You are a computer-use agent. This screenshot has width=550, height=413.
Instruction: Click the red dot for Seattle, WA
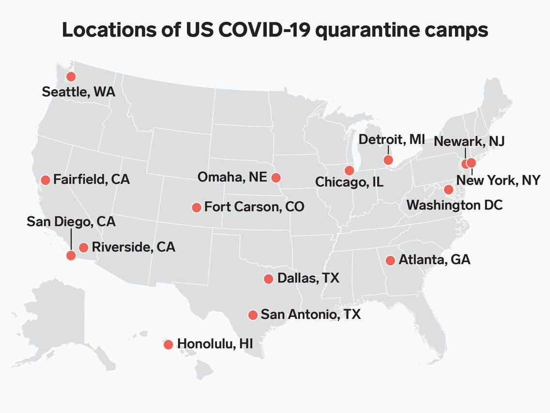click(x=71, y=77)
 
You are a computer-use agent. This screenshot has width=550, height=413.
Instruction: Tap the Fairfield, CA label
click(x=92, y=179)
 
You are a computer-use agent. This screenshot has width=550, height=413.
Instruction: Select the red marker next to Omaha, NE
click(x=276, y=177)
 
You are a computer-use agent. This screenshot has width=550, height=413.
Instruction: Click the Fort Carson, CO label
click(x=254, y=207)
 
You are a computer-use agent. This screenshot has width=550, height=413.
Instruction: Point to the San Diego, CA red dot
click(x=71, y=255)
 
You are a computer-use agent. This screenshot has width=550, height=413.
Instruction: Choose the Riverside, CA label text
click(x=133, y=247)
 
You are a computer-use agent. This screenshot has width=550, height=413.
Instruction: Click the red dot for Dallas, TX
click(x=269, y=279)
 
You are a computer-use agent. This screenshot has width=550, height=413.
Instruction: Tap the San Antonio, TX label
click(x=311, y=314)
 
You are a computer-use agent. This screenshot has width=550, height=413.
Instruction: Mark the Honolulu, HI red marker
click(x=168, y=345)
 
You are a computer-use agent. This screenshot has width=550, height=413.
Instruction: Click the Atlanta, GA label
click(x=434, y=260)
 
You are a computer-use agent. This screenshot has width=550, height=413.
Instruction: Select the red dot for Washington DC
click(x=449, y=190)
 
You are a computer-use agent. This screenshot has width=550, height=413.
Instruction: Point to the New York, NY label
click(x=498, y=180)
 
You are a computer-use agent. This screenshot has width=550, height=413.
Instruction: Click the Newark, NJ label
click(x=469, y=141)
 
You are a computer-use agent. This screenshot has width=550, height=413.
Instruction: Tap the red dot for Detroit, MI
click(x=388, y=160)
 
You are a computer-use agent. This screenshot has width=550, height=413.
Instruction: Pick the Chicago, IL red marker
click(x=349, y=170)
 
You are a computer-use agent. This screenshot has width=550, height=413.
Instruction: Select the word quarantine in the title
click(x=372, y=30)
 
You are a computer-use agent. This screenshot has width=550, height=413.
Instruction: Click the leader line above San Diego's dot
click(x=71, y=239)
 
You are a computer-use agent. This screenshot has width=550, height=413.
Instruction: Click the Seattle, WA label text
click(x=78, y=92)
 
